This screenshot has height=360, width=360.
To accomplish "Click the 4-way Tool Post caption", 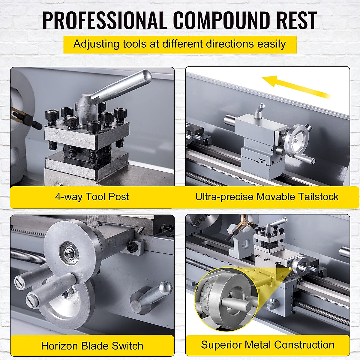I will click(92, 197).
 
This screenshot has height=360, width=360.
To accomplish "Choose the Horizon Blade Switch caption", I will click(92, 346).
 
